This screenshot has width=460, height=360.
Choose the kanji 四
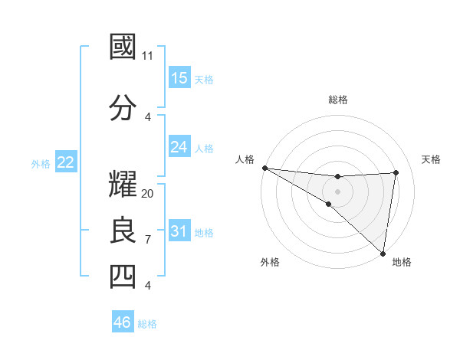[x=123, y=277]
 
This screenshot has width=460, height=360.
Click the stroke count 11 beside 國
[x=147, y=56]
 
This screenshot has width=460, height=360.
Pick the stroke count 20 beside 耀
[x=148, y=193]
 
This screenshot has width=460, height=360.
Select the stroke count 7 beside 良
[x=147, y=240]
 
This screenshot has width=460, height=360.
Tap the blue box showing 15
[x=179, y=78]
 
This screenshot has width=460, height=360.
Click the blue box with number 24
[x=179, y=146]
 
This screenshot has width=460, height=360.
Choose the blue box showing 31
[x=179, y=231]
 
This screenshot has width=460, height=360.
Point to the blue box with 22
[x=66, y=162]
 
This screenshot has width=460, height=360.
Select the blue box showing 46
[x=123, y=322]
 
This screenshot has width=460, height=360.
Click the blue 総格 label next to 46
[x=147, y=324]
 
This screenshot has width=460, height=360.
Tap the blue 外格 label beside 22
[x=41, y=163]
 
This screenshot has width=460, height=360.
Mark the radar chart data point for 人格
[x=264, y=168]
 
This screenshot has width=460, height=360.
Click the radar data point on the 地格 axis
[x=382, y=252]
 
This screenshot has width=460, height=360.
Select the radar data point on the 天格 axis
[x=396, y=172]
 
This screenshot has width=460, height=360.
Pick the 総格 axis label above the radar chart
[x=337, y=100]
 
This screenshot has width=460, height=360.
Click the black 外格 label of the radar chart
[x=270, y=262]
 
